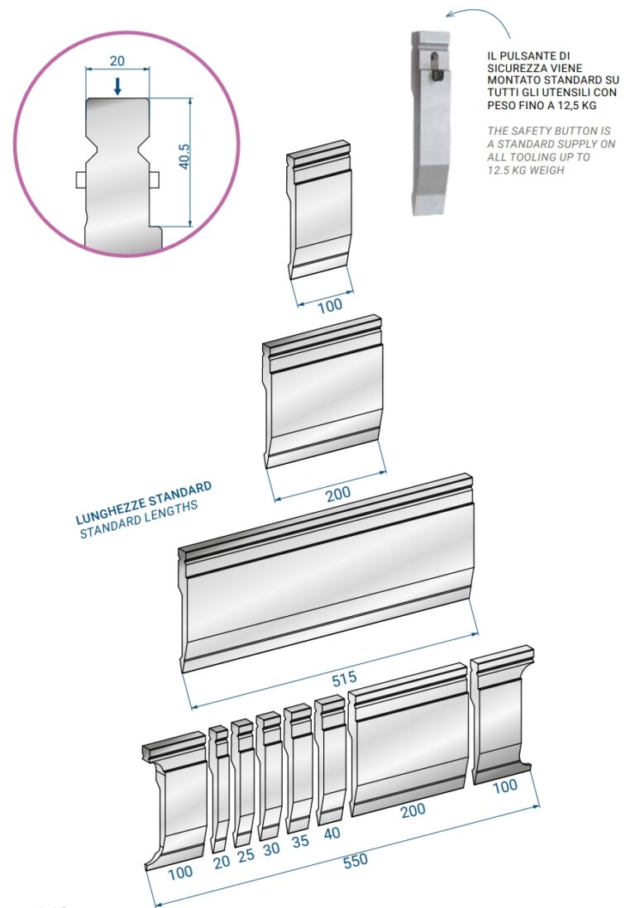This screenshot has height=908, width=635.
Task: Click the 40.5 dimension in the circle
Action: pos(184,156)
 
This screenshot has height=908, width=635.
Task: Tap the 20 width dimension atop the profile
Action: pos(117,61)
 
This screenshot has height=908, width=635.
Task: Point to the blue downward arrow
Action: pos(117,86)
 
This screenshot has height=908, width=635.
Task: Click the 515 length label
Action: pos(345,679)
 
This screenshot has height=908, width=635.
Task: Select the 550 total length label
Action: pos(356,861)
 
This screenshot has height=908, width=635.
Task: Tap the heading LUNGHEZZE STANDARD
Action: pos(144,503)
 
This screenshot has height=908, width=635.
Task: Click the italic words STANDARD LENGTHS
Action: pos(139,519)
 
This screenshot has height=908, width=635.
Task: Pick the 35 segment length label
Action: pos(300,841)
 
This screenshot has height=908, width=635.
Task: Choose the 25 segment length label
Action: pos(246,855)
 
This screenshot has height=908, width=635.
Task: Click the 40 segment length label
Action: pos(332,834)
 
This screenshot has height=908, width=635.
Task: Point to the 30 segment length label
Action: pos(271,848)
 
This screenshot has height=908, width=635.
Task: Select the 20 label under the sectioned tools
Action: pos(222,863)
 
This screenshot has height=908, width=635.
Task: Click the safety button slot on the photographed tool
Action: pos(436,66)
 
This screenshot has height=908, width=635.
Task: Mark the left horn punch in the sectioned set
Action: pos(174,799)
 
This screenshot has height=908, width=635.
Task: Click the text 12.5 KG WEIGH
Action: pos(526,170)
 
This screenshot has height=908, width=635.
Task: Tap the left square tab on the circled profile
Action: pos(81,180)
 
